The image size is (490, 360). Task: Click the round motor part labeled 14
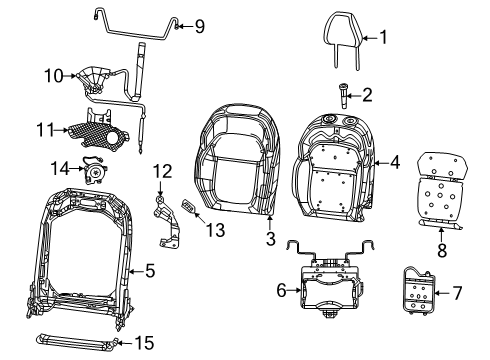point(95,173)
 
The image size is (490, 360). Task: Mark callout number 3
point(270,238)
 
